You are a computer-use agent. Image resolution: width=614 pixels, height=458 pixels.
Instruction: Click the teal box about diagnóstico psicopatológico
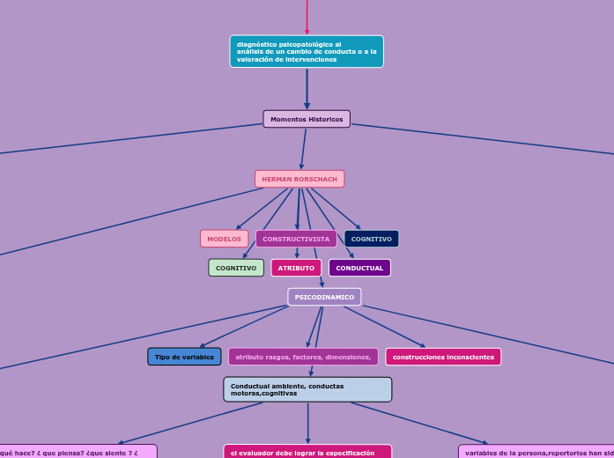307,51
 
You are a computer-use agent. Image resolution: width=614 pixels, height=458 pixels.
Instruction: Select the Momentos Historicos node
307,119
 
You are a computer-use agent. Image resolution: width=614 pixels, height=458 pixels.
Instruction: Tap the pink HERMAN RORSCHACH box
300,179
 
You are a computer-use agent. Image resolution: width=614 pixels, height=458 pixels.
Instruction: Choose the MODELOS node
224,239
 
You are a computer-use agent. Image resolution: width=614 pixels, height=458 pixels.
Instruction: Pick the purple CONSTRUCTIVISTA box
296,239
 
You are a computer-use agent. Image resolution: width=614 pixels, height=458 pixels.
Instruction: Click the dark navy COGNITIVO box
371,239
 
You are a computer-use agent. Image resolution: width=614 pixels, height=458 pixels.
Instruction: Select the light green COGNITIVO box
236,268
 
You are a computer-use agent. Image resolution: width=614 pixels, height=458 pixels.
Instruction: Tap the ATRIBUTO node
296,268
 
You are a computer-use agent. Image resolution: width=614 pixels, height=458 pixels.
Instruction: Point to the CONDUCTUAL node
359,268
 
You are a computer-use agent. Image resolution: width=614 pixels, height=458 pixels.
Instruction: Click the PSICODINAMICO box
324,297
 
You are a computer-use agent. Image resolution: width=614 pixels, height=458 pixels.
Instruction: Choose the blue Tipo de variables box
184,357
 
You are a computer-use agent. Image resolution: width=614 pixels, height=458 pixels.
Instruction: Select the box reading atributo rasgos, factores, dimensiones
303,357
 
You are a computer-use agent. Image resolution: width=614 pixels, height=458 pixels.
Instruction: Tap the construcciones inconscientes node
443,357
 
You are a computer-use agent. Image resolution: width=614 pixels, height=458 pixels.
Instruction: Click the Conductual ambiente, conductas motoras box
307,389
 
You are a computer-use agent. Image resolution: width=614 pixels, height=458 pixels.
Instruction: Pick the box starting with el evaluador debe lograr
307,452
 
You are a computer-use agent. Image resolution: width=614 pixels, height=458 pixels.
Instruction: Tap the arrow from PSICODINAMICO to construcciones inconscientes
384,327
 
